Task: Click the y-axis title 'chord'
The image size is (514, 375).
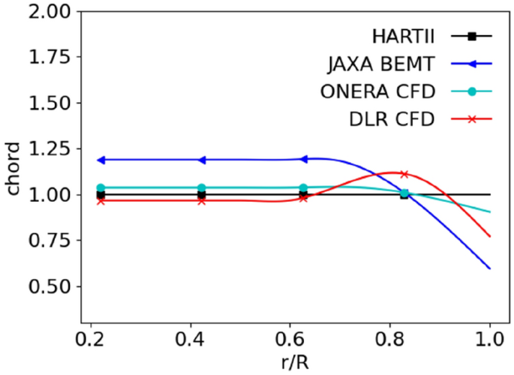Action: click(13, 171)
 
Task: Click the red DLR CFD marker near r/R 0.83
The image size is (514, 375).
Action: click(404, 174)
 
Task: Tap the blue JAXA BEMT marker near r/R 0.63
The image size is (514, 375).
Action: click(303, 159)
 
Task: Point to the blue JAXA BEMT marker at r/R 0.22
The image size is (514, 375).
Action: click(101, 160)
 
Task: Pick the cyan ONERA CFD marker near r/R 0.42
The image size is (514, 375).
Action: click(202, 187)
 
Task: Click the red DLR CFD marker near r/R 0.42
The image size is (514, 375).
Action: click(202, 201)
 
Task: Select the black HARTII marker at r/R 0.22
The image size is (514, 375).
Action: click(101, 195)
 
